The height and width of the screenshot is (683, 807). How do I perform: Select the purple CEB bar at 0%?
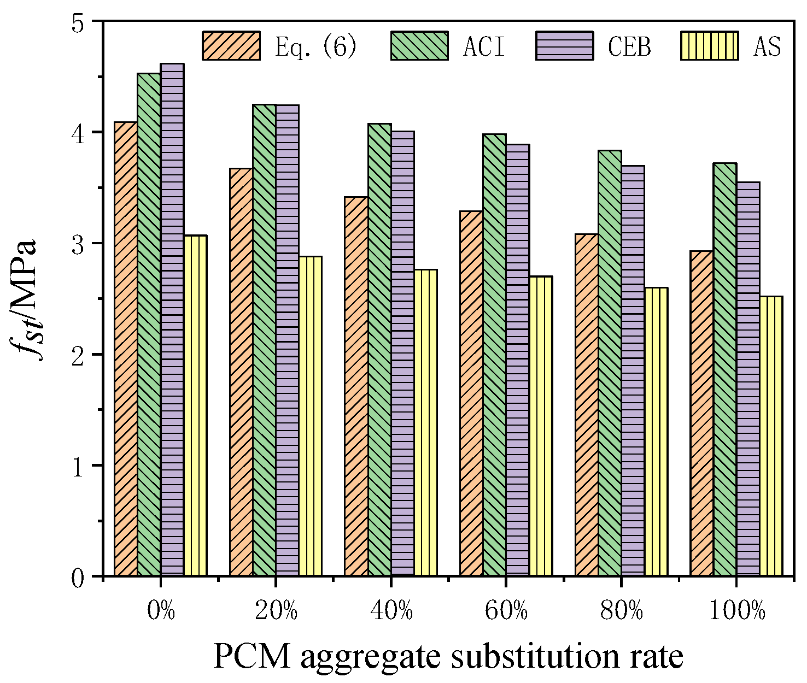pos(172,320)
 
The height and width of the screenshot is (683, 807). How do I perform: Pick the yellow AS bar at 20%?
pos(310,416)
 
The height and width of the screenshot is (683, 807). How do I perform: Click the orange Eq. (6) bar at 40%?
pos(356,386)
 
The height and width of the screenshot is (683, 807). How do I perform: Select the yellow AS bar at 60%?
pos(541,426)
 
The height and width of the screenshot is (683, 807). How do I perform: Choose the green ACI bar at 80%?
pos(610,363)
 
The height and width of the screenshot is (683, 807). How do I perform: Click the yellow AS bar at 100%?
pos(771,435)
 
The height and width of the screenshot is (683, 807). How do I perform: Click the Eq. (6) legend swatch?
pos(231,45)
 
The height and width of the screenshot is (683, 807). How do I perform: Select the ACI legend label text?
pos(484,46)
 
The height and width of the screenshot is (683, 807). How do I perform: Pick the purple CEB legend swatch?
pos(564,45)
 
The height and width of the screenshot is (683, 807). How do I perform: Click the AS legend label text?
pos(767,46)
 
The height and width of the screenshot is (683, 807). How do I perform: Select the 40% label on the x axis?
pos(391,611)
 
